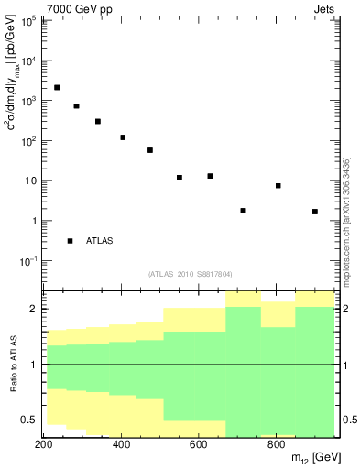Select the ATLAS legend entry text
[100, 241]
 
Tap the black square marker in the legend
[71, 241]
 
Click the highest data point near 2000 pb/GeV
[57, 88]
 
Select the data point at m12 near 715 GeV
[244, 211]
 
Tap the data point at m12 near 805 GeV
[278, 186]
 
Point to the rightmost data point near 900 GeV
[315, 212]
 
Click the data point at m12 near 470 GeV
[150, 150]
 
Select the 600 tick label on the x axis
[199, 445]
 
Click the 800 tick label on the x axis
[276, 445]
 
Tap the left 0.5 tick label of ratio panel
[30, 420]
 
